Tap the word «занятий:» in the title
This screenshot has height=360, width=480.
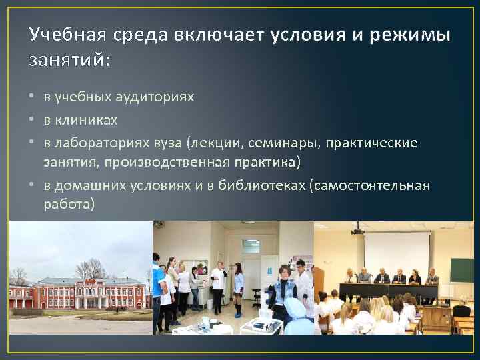click(x=69, y=61)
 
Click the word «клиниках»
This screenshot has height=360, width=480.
click(x=86, y=120)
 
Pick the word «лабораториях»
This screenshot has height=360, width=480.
click(x=103, y=143)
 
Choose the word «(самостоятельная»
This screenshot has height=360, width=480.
click(x=370, y=185)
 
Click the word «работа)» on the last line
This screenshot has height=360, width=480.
click(x=69, y=205)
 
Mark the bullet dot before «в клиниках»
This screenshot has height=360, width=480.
click(x=33, y=121)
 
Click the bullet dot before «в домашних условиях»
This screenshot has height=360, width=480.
click(x=33, y=185)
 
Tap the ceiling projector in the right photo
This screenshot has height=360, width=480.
click(x=357, y=231)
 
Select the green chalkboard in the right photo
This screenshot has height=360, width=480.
click(x=461, y=270)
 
